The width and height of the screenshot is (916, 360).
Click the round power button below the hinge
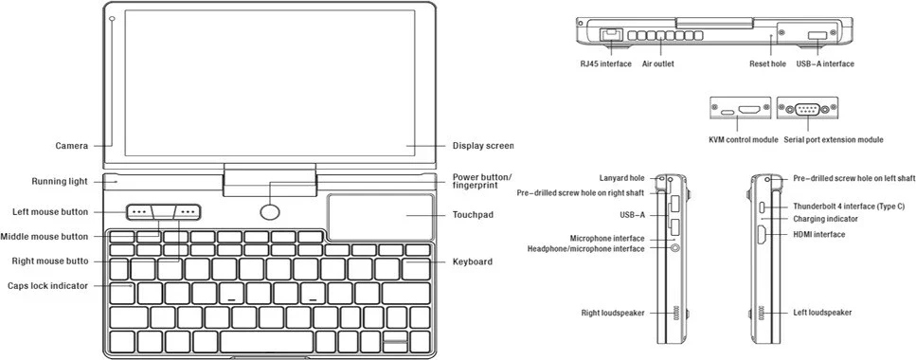[x=269, y=212]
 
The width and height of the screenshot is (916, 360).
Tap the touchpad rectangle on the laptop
[x=380, y=217]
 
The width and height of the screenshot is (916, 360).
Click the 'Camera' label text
[x=72, y=146]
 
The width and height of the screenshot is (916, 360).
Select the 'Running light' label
[x=60, y=181]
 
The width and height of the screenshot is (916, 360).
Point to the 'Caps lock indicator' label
[x=48, y=286]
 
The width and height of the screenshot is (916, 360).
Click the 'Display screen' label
[x=483, y=146]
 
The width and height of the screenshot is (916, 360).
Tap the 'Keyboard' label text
[x=473, y=261]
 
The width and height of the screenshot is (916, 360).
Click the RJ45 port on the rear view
[x=610, y=34]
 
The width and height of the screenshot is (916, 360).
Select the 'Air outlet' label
[x=657, y=63]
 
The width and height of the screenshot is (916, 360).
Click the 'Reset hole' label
[x=767, y=63]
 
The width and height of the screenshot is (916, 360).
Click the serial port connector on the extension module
[x=807, y=109]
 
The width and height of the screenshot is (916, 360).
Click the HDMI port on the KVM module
[x=749, y=109]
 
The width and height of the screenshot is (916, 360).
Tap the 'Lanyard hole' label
[x=621, y=178]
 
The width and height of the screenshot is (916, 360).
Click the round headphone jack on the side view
[x=676, y=247]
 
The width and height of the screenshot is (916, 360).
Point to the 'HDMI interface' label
[x=819, y=234]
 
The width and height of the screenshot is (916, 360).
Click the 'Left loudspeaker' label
[x=822, y=313]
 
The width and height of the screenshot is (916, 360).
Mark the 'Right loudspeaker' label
[x=613, y=313]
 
